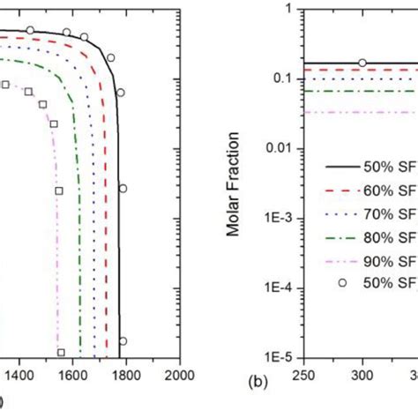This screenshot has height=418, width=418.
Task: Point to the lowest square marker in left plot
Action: pyautogui.click(x=62, y=352)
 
